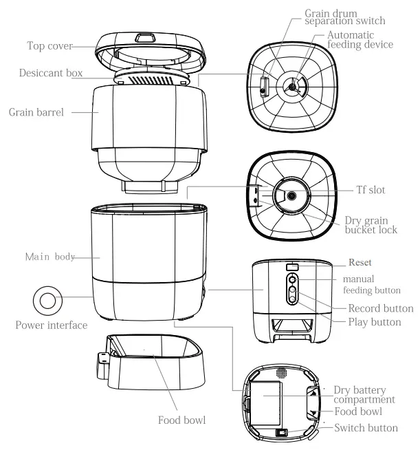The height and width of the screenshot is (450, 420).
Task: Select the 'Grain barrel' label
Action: [36, 111]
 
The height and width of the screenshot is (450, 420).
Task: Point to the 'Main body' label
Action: [49, 257]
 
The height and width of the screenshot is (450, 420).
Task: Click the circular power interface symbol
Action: [48, 300]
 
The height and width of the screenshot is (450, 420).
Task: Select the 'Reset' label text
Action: [360, 262]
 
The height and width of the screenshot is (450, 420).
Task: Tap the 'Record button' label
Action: [381, 308]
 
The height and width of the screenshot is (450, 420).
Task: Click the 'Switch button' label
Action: [365, 427]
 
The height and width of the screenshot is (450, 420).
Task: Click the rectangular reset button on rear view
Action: [292, 266]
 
